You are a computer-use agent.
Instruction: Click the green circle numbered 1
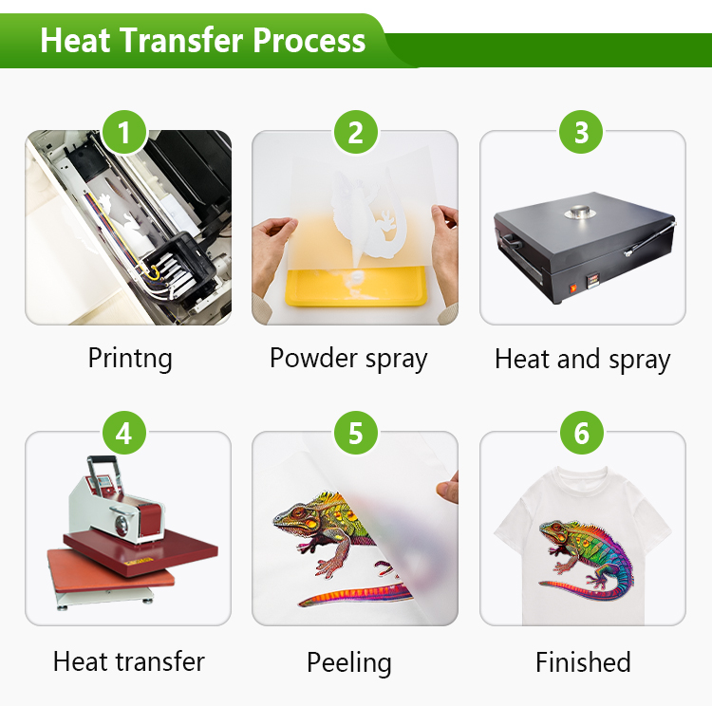coord(124,132)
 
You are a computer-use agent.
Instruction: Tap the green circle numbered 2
coord(356,132)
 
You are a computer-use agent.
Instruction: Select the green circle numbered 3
coord(581,132)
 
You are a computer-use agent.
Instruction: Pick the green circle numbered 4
coord(124,433)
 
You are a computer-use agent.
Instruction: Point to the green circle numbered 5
coord(356,433)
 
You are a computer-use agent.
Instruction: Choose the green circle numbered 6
coord(581,433)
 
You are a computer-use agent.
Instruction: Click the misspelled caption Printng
coord(130,359)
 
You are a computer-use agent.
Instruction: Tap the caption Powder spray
coord(348,359)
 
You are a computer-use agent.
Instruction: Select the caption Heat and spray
coord(583,360)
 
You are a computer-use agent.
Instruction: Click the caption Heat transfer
coord(129,661)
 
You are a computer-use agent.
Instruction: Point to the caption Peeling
coord(348,663)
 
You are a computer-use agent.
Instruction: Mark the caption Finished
coord(583,662)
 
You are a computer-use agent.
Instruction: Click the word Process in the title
coord(309,41)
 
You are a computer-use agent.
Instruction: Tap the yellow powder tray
coord(356,286)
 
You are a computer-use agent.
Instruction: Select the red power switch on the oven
coord(572,288)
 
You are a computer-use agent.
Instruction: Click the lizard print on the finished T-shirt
coord(586,559)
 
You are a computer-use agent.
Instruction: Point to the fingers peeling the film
coord(448,488)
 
